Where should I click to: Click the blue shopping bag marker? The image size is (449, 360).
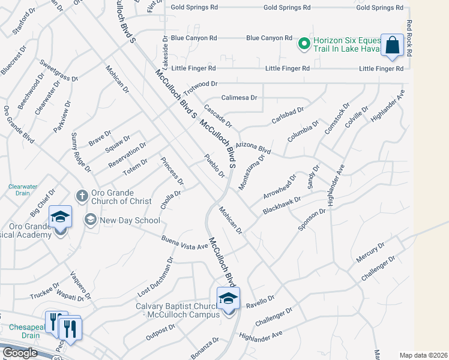pyautogui.click(x=392, y=46)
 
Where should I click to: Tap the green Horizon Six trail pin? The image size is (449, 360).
pyautogui.click(x=304, y=43)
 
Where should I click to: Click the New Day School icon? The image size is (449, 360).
pyautogui.click(x=91, y=220)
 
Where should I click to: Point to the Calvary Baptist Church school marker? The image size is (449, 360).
pyautogui.click(x=228, y=299)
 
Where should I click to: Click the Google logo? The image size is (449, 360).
pyautogui.click(x=20, y=353)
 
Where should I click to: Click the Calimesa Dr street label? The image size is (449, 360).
pyautogui.click(x=239, y=97)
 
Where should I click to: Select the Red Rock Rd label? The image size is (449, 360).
pyautogui.click(x=409, y=38)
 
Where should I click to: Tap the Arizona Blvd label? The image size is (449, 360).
pyautogui.click(x=253, y=147)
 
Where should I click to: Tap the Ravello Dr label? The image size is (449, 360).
pyautogui.click(x=260, y=301)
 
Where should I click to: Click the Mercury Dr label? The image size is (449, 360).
pyautogui.click(x=370, y=252)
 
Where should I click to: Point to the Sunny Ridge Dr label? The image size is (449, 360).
pyautogui.click(x=81, y=153)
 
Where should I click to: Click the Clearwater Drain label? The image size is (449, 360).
pyautogui.click(x=23, y=190)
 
